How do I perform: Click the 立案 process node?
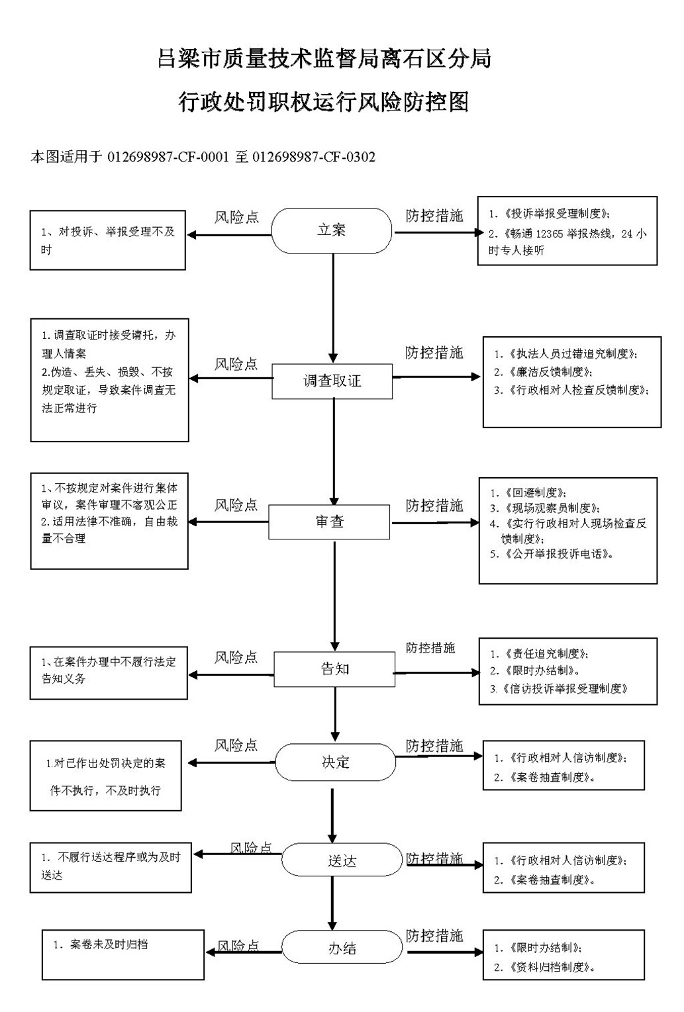tap(331, 230)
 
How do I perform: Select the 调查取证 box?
tap(332, 381)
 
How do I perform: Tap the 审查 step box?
tap(329, 522)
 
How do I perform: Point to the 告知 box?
tap(334, 669)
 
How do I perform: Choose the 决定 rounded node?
tap(336, 762)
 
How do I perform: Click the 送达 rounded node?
tap(342, 860)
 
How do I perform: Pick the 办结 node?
tap(342, 948)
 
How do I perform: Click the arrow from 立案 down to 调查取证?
tap(333, 308)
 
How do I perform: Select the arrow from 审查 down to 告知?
tap(334, 596)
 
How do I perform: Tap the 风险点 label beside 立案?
tap(236, 217)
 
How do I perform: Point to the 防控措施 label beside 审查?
tap(434, 506)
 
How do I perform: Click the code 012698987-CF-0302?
tap(314, 157)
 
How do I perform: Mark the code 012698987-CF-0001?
tap(168, 157)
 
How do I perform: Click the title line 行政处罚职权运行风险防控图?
tap(324, 102)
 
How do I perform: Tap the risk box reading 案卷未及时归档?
tap(123, 954)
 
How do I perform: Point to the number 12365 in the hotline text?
tap(550, 234)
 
